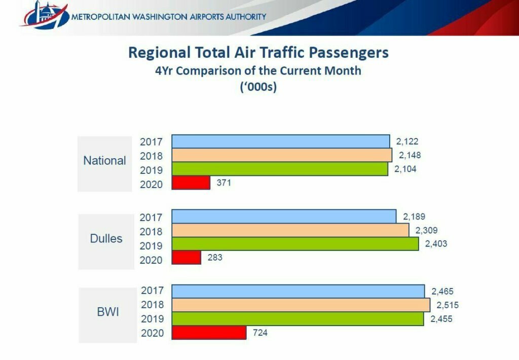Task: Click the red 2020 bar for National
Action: click(x=191, y=183)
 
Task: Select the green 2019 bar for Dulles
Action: click(x=295, y=244)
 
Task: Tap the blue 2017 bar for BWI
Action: click(x=298, y=291)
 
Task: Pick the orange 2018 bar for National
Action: click(x=282, y=155)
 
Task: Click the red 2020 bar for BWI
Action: click(x=209, y=333)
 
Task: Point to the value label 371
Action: click(x=224, y=183)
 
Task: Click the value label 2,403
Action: click(x=436, y=244)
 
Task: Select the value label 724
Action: click(x=260, y=333)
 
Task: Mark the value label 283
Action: click(x=215, y=258)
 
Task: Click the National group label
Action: click(x=104, y=161)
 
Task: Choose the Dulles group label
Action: click(x=106, y=238)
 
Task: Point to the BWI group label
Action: click(x=108, y=312)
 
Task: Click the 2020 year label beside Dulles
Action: click(x=152, y=260)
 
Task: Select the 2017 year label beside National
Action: click(x=152, y=142)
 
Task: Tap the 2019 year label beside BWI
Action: click(x=152, y=319)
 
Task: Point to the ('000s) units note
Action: click(x=258, y=87)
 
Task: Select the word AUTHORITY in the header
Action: click(x=242, y=17)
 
